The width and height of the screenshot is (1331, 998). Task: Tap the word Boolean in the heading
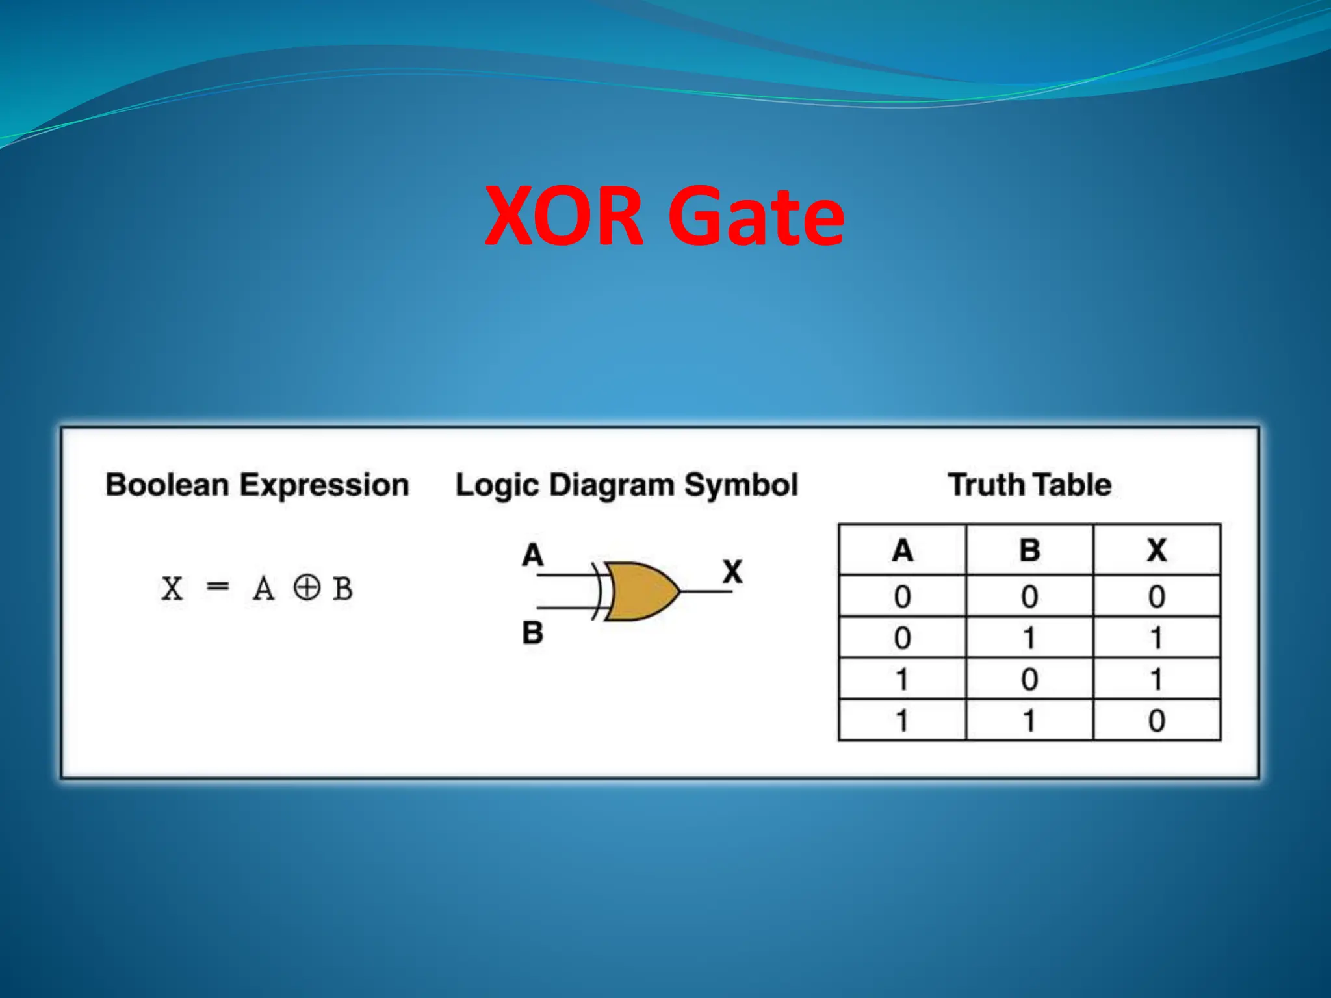click(167, 485)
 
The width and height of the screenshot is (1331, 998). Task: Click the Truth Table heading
click(1029, 485)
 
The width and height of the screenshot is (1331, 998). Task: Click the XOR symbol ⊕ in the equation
click(307, 588)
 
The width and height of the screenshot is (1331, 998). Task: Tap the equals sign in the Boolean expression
click(217, 587)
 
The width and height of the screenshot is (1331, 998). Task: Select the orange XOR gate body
click(640, 591)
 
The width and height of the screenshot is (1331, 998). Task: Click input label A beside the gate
click(532, 556)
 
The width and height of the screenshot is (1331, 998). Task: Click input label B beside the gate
click(532, 632)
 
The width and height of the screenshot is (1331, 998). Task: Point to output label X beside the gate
click(732, 572)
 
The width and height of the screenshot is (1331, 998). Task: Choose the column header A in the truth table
click(902, 550)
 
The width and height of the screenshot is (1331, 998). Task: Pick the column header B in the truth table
click(1029, 550)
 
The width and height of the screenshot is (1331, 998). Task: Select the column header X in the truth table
click(1156, 550)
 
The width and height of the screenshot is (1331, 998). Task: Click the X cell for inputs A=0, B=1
click(1156, 638)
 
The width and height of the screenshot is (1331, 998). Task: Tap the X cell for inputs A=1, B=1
click(1156, 721)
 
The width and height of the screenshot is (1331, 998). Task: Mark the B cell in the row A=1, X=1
click(1029, 680)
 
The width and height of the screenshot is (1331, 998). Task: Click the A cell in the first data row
click(902, 596)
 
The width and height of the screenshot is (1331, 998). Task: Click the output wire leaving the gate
click(705, 591)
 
